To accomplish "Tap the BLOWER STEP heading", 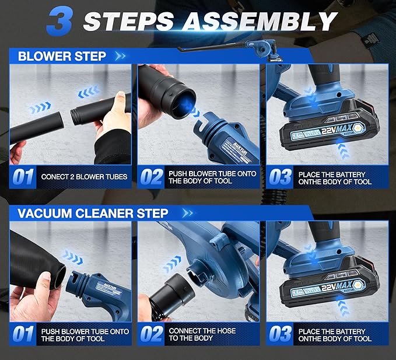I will tap(62, 57).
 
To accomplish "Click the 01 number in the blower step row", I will tap(23, 177).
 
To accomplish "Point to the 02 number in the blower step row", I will tap(151, 177).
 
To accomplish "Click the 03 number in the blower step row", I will tap(281, 177).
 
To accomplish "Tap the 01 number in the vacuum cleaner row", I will tap(23, 334).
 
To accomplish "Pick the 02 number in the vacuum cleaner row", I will tap(151, 334).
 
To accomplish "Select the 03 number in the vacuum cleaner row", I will tap(281, 334).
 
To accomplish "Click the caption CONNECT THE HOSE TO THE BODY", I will tap(202, 334).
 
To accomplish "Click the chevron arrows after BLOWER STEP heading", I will tap(121, 57).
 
